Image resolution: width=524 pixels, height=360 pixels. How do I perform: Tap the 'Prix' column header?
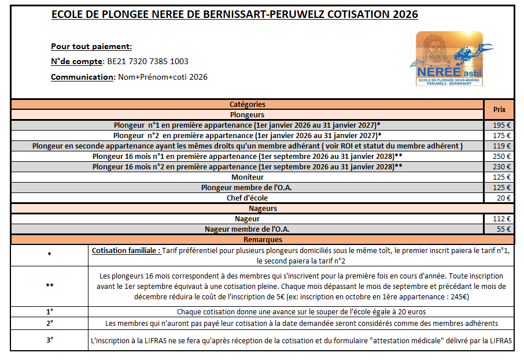[499, 109]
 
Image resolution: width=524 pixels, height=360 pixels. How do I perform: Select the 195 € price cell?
[501, 125]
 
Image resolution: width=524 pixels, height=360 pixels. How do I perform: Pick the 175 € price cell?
[501, 135]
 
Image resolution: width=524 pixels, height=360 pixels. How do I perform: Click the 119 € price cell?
[501, 146]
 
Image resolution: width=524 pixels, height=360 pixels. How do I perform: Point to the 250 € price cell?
[501, 156]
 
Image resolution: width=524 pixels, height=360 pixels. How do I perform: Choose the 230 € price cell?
[501, 166]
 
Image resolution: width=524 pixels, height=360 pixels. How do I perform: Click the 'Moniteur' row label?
[247, 177]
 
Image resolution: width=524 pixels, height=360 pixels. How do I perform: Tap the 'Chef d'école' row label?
[247, 198]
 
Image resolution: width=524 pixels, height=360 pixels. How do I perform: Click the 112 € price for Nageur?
[501, 219]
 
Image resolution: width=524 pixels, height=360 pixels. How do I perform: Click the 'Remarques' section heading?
[263, 239]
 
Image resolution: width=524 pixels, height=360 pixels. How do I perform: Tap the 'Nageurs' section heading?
[263, 208]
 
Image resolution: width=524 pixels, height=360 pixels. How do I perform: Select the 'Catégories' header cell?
[247, 105]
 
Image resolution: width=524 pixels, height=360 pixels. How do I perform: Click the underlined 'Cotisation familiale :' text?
[126, 251]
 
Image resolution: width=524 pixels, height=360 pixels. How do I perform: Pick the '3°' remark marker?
[50, 340]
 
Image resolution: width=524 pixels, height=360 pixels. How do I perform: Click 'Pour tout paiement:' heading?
[91, 47]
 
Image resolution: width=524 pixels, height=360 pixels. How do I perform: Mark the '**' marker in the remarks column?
[50, 286]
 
